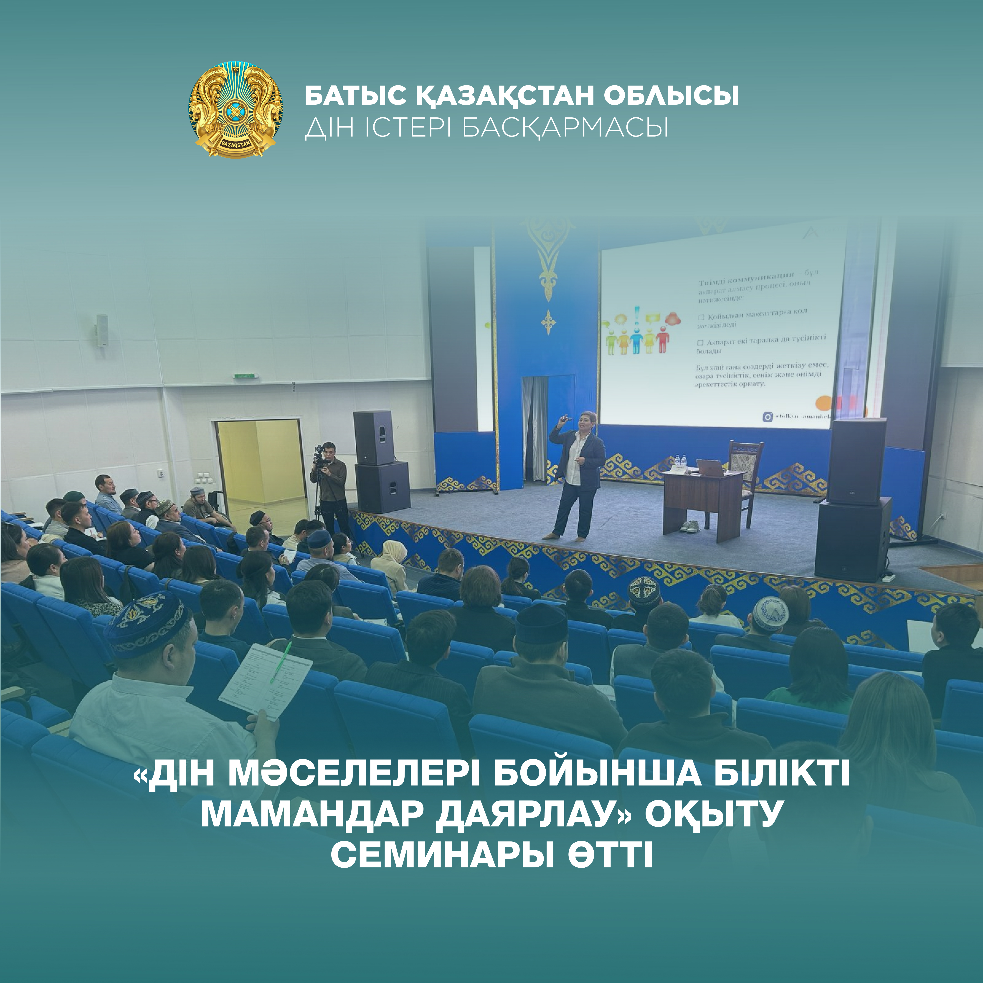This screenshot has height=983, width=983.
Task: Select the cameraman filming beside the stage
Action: pos(330,483)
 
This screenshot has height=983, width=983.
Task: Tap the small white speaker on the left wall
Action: pos(102,330)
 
